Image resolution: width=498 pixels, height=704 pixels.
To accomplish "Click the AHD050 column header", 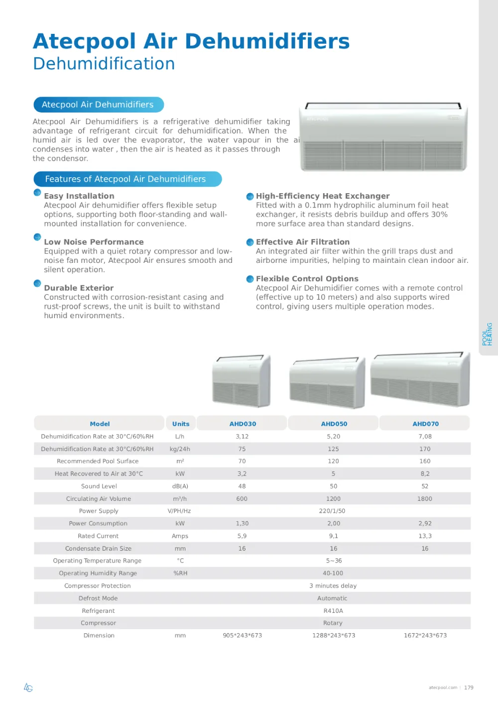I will pos(334,424).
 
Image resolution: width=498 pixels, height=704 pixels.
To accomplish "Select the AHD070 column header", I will pos(425,424).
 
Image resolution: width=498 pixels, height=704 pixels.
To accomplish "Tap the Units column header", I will pos(181,424).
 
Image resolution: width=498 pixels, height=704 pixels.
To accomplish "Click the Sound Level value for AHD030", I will pos(242,486).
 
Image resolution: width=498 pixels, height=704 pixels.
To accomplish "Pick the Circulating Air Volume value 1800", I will pos(425,498).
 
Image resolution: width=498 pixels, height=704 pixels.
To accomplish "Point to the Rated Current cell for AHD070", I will pos(425,536).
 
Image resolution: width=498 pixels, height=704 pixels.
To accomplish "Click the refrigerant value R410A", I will pos(333,610).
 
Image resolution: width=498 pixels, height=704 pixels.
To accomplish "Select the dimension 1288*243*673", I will pos(334,635).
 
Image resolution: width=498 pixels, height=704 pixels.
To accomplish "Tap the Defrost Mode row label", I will pos(98,598).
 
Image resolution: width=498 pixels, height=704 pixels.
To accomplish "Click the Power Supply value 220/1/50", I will pos(332,511).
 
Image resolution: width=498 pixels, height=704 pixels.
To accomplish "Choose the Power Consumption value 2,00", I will pos(334,523).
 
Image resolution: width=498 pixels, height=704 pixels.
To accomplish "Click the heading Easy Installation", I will pos(79,196).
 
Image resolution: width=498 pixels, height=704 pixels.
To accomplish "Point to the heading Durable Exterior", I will pos(79,288).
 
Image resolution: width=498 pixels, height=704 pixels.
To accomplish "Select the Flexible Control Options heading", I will pos(307,279).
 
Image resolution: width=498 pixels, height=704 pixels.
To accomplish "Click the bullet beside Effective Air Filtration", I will pos(250,242).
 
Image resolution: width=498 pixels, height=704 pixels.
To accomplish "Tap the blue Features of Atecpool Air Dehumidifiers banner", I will pos(127,179).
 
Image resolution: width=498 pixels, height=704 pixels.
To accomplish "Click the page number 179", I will pos(469,688).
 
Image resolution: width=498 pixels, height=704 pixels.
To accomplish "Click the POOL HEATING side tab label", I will pos(487,334).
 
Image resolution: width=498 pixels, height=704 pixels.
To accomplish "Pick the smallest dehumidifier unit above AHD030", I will pos(242,381).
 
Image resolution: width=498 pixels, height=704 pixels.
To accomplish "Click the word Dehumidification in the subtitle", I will pos(104,64).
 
